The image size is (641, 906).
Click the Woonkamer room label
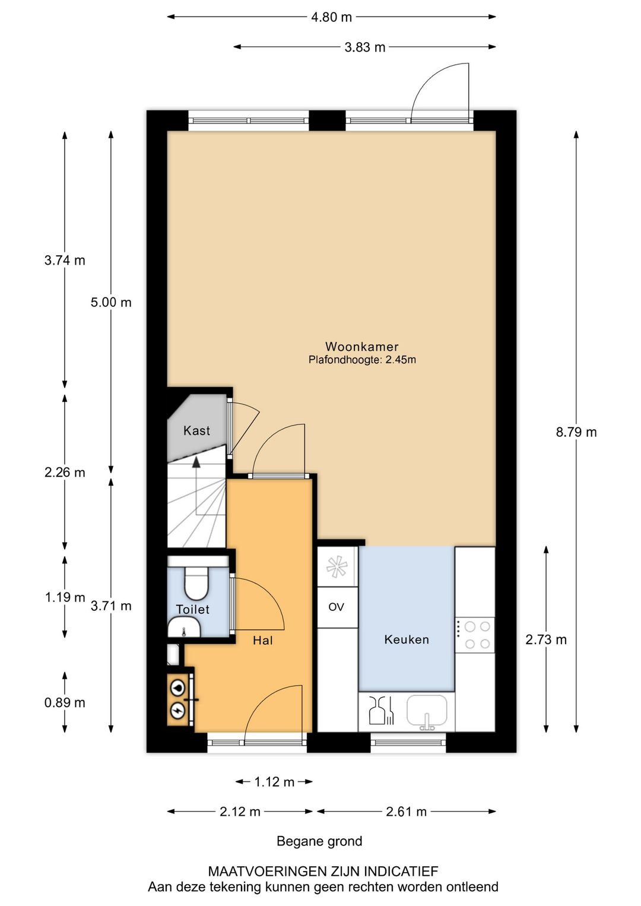click(362, 346)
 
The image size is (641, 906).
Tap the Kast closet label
click(196, 430)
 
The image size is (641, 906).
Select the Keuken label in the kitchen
click(407, 639)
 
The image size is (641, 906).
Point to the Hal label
click(263, 640)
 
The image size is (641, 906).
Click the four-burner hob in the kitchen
click(477, 635)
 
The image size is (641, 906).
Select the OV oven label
click(336, 607)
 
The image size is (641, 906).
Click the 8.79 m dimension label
click(576, 432)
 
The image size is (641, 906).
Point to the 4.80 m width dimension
click(331, 17)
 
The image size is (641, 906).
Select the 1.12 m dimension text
click(274, 782)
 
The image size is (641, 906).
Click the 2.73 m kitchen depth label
click(546, 639)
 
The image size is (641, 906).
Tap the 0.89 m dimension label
click(65, 702)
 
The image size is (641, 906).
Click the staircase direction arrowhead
click(196, 462)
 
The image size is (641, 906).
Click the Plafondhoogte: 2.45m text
click(362, 360)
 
